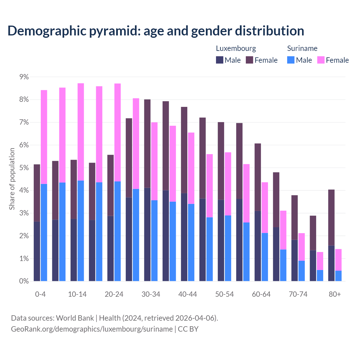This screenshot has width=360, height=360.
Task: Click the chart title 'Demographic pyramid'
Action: coord(156,31)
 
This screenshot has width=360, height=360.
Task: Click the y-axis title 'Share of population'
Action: coord(12,179)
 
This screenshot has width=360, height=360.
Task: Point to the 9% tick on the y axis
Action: coord(24,77)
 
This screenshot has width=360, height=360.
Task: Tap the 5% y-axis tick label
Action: coord(24,168)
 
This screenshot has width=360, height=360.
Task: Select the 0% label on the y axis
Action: coord(24,281)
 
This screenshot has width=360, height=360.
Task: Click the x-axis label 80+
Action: coord(335,294)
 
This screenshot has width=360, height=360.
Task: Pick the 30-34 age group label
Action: coord(151,294)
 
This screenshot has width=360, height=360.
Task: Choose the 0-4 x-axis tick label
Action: coord(40,294)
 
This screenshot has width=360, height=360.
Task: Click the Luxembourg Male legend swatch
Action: coord(220,60)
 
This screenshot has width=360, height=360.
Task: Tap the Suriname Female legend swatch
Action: coord(321,60)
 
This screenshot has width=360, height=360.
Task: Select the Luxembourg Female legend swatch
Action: coord(249,60)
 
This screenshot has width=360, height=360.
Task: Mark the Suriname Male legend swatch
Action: coord(291,60)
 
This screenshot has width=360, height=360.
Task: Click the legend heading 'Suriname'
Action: coord(302,48)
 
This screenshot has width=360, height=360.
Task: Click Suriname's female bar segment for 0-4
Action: coord(44,137)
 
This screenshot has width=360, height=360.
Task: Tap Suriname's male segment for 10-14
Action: coord(81,231)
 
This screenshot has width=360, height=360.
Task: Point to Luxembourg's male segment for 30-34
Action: coord(147,234)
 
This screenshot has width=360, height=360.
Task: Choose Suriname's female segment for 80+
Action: coord(338,260)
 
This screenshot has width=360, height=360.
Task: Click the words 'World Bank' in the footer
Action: coord(75,318)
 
